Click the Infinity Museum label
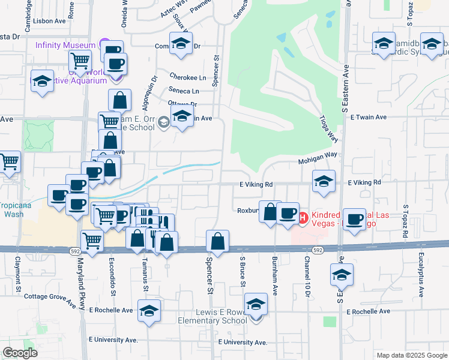click(65, 45)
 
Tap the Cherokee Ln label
click(187, 77)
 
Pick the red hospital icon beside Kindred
click(303, 216)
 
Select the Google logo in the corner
click(20, 353)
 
